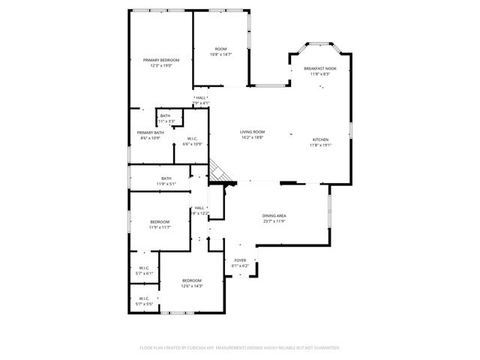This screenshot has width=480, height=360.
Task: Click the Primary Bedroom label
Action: coord(161,60)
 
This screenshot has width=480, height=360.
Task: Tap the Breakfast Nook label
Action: coord(320,68)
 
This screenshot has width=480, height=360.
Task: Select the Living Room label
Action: coord(253,132)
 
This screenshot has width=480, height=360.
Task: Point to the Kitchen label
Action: coord(320,140)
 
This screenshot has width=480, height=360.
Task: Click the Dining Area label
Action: coord(274,216)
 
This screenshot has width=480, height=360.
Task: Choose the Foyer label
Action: coord(240,260)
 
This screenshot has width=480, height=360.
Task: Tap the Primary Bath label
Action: coord(150,133)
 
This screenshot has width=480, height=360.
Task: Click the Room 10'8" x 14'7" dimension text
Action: coord(220,54)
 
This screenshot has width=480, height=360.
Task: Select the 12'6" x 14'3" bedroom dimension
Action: coord(192,286)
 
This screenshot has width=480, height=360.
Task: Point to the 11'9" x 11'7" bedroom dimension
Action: coord(160,227)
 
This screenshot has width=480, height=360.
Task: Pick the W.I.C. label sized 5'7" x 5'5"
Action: coord(144,304)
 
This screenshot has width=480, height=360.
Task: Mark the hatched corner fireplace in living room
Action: coord(218,172)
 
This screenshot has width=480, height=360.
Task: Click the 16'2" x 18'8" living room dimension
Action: coord(253,137)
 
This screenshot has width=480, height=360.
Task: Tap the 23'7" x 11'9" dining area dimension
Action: coord(274,221)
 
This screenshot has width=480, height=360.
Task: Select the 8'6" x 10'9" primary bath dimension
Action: coord(150,138)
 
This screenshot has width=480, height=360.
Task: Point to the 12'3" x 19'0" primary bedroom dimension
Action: coord(161,66)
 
